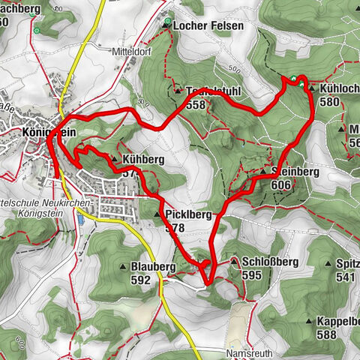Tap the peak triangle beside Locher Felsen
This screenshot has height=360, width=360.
(166, 25)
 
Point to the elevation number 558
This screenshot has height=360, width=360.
(195, 105)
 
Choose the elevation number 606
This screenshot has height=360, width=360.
(281, 184)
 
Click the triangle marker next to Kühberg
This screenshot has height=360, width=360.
(113, 160)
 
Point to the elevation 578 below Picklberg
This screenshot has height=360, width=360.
(175, 227)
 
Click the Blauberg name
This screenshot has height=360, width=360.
(152, 266)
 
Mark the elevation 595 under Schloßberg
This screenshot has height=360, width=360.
(250, 275)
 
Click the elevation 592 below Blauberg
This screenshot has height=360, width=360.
(139, 280)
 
